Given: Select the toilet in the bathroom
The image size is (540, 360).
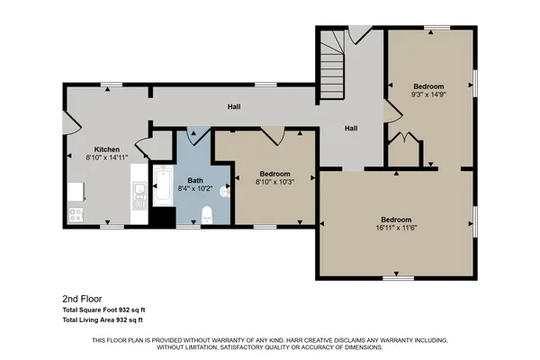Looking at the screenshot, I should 206,213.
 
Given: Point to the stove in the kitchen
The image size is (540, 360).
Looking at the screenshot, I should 76,214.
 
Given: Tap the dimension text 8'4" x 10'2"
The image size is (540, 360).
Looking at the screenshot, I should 196,189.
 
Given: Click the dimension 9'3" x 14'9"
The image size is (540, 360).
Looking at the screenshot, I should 428,94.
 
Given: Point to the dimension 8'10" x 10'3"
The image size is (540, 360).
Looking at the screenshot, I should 274,181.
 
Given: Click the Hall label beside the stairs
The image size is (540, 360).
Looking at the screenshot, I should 351,128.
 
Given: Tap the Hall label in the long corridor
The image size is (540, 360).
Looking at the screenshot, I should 234,107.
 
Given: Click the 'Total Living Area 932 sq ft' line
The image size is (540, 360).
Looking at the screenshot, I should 104,319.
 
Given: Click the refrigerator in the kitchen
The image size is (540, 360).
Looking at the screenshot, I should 75,191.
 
